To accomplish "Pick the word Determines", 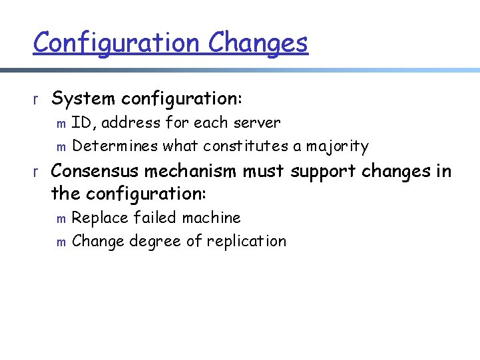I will tap(115, 146).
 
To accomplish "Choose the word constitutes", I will tap(246, 146).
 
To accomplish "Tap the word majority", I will tap(337, 146).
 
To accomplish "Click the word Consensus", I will tap(95, 171).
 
